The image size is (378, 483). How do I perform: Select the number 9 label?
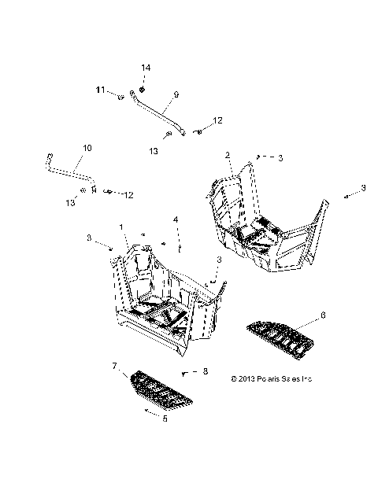coord(176,94)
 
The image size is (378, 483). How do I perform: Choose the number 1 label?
coord(122,227)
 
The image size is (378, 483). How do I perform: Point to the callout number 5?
coord(165,418)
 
